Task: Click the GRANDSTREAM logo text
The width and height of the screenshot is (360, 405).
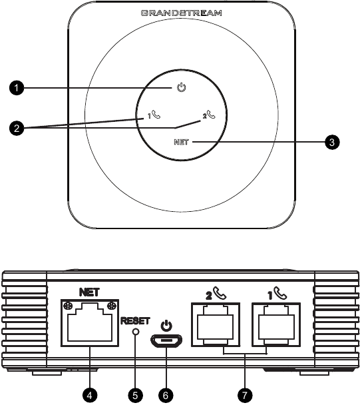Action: pyautogui.click(x=181, y=13)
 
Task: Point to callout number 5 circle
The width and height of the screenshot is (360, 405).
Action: pyautogui.click(x=136, y=394)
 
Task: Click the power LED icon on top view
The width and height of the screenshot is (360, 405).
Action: pyautogui.click(x=181, y=88)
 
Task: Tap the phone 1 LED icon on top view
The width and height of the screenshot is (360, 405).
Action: pyautogui.click(x=154, y=115)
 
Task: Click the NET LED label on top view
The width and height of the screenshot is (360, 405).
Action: pyautogui.click(x=181, y=142)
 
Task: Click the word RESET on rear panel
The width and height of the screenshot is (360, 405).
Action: pyautogui.click(x=135, y=319)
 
